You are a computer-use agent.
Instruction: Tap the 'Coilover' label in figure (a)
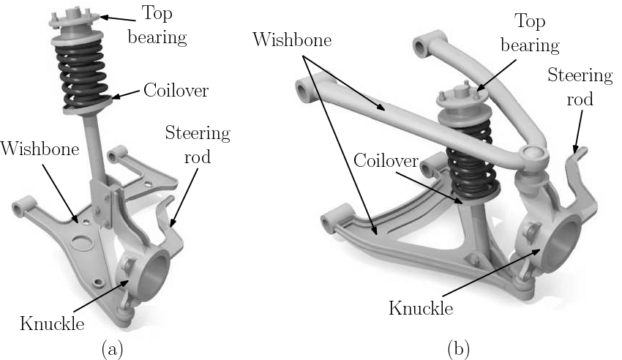pyautogui.click(x=176, y=91)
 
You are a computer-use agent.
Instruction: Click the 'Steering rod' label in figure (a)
pyautogui.click(x=197, y=145)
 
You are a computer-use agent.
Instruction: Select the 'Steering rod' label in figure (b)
pyautogui.click(x=580, y=86)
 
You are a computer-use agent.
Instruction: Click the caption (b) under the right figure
pyautogui.click(x=459, y=349)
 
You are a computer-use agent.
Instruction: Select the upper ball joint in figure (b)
pyautogui.click(x=533, y=155)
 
